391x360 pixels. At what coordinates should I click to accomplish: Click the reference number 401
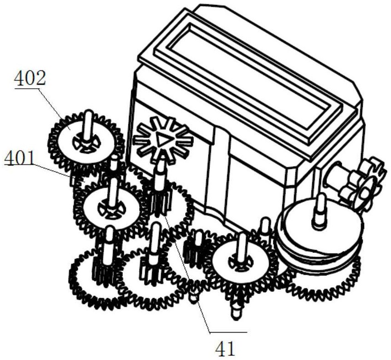(20, 158)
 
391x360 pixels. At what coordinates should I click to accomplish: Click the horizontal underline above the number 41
(228, 332)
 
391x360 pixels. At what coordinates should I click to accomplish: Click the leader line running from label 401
(53, 170)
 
